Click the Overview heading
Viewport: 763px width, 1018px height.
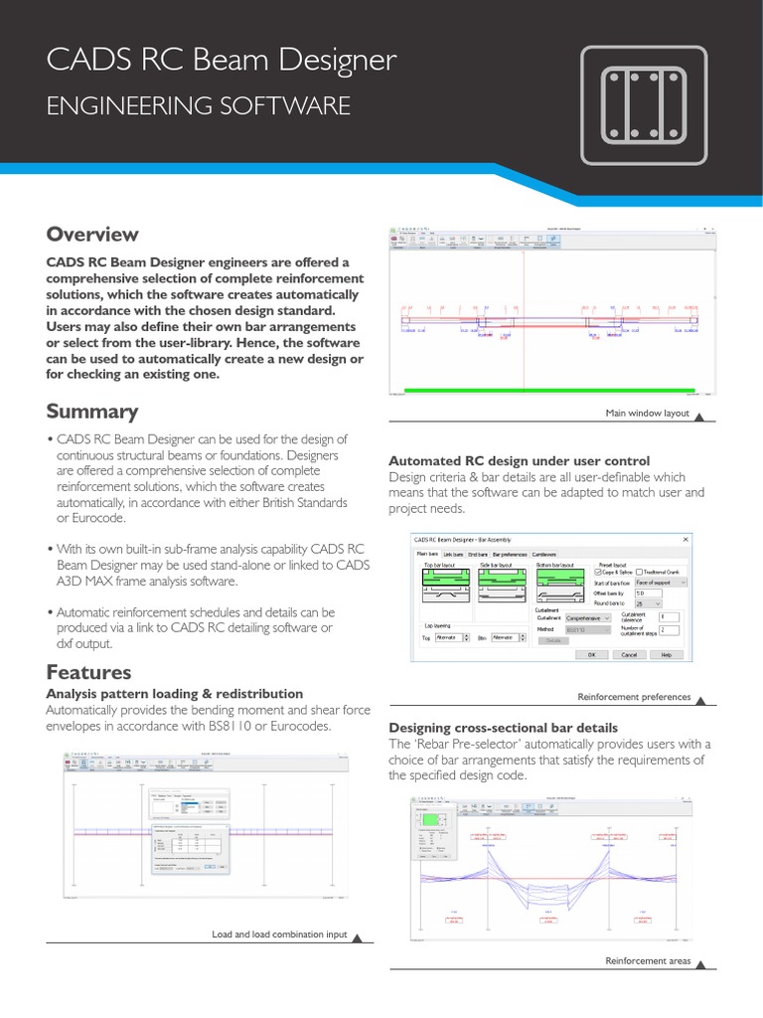[x=92, y=235]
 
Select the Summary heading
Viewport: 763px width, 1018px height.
[x=92, y=411]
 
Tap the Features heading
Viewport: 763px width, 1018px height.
[x=88, y=672]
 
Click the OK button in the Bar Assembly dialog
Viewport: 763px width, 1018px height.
[x=591, y=655]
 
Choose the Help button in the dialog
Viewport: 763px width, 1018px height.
[x=666, y=655]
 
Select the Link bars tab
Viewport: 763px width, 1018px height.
[x=454, y=554]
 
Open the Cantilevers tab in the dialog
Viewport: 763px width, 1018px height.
[x=543, y=554]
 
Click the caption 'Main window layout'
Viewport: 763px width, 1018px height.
[x=647, y=413]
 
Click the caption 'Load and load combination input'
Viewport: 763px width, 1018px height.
[x=280, y=934]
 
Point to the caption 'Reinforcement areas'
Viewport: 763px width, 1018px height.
[x=648, y=960]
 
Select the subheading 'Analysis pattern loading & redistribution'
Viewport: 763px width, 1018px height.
[x=175, y=693]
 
